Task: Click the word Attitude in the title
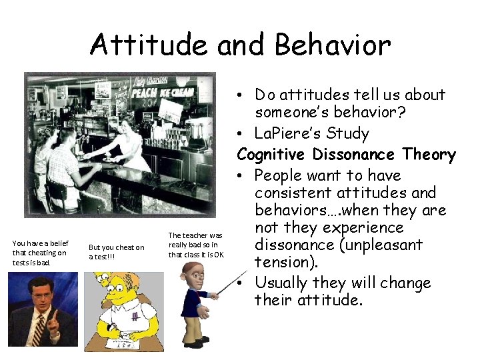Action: pos(139,45)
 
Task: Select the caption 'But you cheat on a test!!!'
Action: pos(117,252)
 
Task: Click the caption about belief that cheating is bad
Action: pos(40,252)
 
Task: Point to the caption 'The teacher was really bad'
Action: pos(196,245)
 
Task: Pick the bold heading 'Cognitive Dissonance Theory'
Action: pos(346,155)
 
